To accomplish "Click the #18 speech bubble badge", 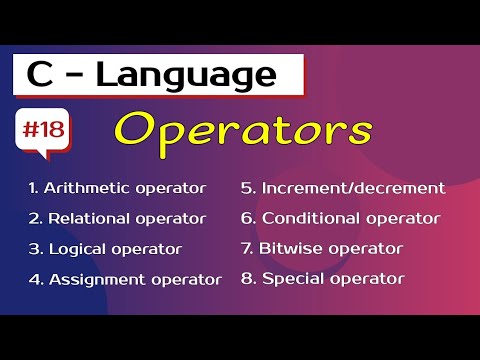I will tap(42, 131).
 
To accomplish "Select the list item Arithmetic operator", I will tap(117, 188).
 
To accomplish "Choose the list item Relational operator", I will tap(117, 218).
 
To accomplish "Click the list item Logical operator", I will tap(105, 248).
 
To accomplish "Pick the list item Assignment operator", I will tap(124, 278).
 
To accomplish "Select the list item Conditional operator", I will tap(340, 218).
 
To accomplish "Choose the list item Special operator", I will tap(323, 278).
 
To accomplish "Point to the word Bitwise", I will tap(289, 248).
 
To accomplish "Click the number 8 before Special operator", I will tap(246, 278).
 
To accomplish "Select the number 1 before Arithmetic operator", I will tap(32, 188).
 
